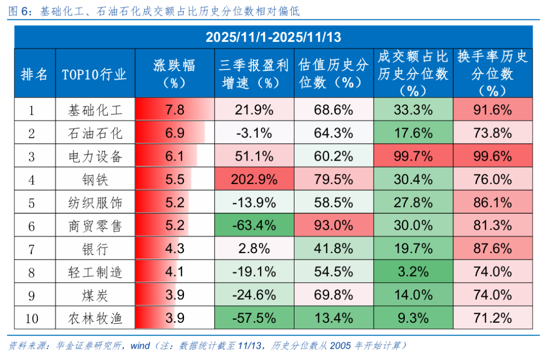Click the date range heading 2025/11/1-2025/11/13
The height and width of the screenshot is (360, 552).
(273, 37)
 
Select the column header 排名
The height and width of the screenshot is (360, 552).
(34, 74)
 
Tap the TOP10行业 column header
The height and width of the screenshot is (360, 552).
(95, 74)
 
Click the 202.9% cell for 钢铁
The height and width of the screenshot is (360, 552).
(254, 179)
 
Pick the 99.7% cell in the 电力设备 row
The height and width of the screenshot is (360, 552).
(413, 156)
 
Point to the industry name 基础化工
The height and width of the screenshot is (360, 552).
(96, 110)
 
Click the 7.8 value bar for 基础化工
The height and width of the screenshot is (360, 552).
(174, 110)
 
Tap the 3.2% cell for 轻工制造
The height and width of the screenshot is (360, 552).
(413, 272)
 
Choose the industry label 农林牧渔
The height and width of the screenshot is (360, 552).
(96, 319)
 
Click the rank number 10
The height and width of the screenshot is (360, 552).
(32, 319)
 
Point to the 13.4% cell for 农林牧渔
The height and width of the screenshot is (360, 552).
(333, 319)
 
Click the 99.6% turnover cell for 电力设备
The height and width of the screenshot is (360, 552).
(492, 156)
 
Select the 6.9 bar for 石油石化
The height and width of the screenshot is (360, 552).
(174, 133)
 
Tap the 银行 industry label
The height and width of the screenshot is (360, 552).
(96, 249)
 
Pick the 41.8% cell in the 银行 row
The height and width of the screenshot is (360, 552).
(333, 249)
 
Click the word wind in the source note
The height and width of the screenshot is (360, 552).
(140, 346)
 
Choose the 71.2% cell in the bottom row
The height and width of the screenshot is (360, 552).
(492, 319)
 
